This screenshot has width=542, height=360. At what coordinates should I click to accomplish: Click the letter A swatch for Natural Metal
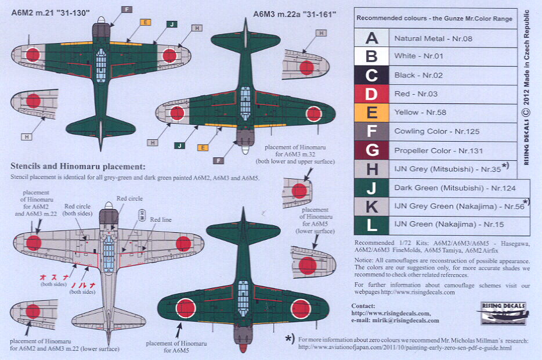371,38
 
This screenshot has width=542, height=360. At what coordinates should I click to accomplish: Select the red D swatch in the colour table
371,93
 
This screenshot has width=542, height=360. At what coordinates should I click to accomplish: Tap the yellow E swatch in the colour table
371,112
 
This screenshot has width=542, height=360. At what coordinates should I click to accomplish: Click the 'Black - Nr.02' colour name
413,75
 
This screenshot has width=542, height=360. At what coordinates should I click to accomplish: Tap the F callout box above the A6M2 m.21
127,9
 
